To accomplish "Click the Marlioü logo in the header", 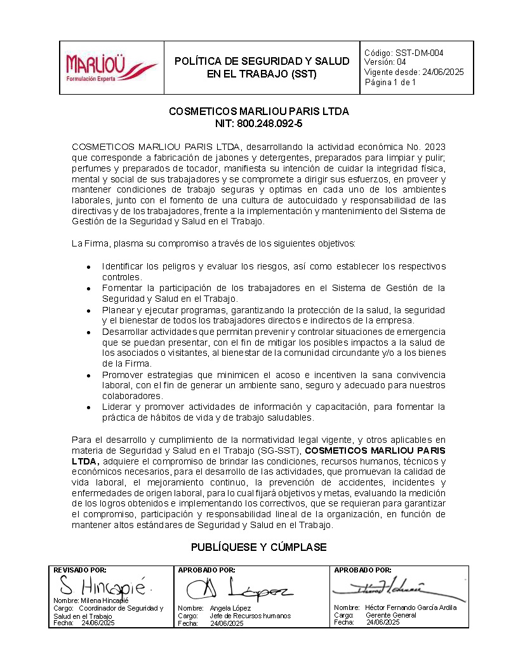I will (111, 67).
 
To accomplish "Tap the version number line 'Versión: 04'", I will (385, 62).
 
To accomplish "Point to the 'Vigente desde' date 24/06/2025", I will (439, 72).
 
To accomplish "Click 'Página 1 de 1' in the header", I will (390, 82).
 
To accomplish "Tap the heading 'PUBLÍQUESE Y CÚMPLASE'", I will (259, 547).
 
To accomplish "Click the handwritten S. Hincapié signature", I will (102, 585).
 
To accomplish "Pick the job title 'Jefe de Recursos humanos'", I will (250, 616).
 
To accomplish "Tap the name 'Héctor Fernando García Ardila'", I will (411, 607).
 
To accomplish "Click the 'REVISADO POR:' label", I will (80, 570).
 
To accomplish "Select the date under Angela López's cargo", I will (227, 624).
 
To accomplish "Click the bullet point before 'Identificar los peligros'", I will (89, 267).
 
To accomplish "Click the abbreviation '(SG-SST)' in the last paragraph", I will (282, 451).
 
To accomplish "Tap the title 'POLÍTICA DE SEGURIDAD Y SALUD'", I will (262, 61).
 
